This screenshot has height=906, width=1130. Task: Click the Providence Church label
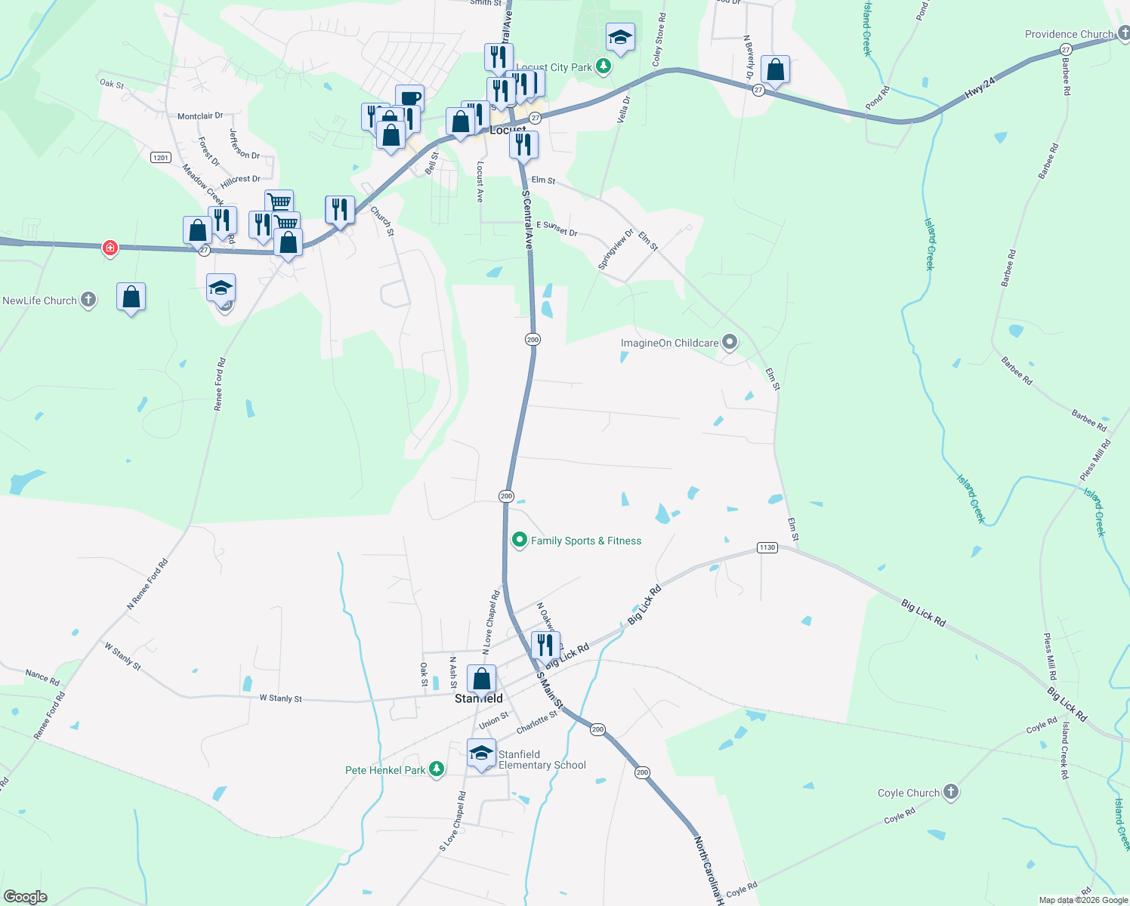(1069, 34)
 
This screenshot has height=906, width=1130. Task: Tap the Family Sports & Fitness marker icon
(519, 540)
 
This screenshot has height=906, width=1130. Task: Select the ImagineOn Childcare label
(669, 343)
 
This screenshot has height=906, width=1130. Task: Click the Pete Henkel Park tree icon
(437, 769)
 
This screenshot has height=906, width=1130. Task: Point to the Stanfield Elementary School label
(542, 760)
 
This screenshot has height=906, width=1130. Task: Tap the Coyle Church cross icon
(951, 792)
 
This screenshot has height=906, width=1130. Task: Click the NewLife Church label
(39, 300)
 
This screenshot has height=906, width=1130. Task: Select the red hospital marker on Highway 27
(110, 247)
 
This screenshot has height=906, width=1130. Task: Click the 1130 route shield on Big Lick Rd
(767, 547)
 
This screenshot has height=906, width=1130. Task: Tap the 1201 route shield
(161, 157)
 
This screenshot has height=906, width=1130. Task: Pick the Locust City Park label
(554, 67)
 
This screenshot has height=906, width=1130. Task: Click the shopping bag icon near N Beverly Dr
(775, 70)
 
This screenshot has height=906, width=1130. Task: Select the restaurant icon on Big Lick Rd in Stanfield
(545, 646)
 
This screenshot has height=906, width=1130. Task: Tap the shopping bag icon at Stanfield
(481, 679)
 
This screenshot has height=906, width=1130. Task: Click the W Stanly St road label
(280, 698)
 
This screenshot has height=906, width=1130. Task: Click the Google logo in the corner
(25, 896)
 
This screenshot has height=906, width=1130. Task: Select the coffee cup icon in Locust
(409, 98)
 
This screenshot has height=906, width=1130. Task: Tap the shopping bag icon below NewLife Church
(131, 297)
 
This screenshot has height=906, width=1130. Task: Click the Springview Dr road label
(616, 249)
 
